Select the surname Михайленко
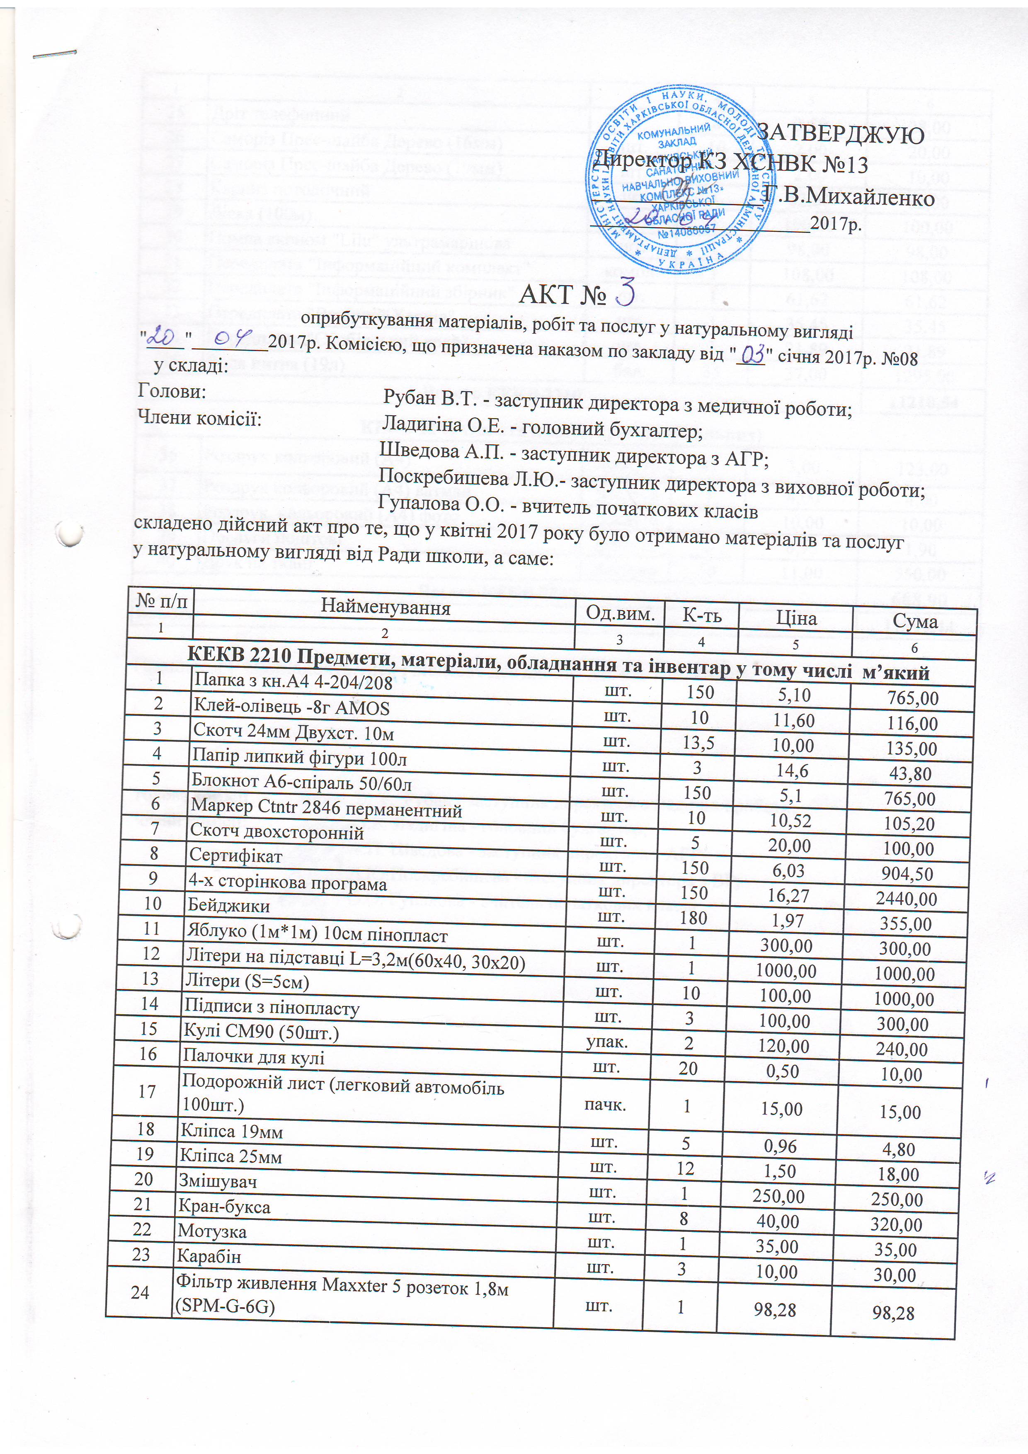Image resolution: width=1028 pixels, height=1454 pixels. pos(849,198)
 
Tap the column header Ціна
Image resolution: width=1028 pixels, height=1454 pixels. pos(796,618)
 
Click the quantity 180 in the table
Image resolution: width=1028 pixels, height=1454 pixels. pos(694,918)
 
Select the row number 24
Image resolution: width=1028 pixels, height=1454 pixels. pos(139,1292)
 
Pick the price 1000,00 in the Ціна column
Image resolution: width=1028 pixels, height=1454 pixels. pos(786,971)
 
